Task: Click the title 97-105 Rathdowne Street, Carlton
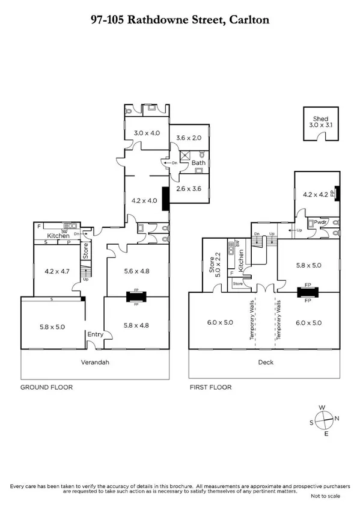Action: coord(180,20)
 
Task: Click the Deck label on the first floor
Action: coord(265,363)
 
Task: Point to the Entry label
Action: coord(96,334)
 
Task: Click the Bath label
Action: coord(198,163)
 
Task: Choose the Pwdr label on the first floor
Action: coord(319,222)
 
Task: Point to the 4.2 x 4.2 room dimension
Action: coord(316,194)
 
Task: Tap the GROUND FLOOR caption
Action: coord(47,387)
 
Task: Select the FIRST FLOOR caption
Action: coord(210,387)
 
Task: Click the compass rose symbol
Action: coord(322,420)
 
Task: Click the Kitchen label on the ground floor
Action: coord(59,236)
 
